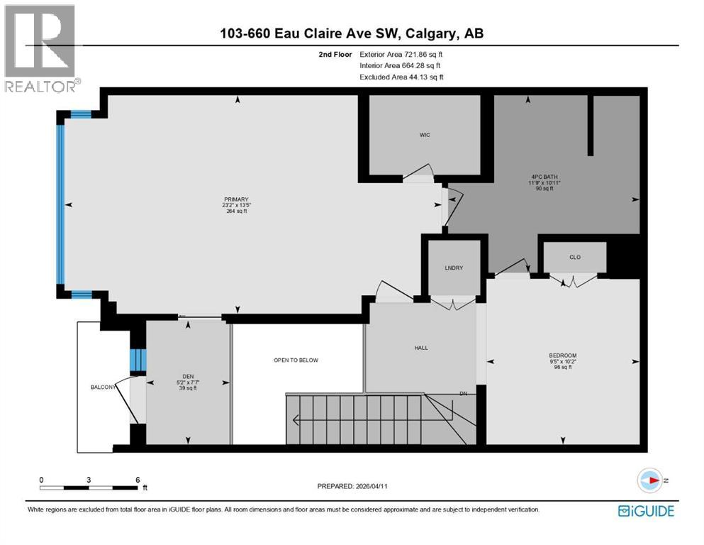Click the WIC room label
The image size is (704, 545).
pyautogui.click(x=425, y=135)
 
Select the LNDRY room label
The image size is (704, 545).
pyautogui.click(x=454, y=268)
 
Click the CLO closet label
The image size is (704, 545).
pyautogui.click(x=575, y=257)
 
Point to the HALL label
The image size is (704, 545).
pyautogui.click(x=421, y=348)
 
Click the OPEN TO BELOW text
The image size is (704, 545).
pyautogui.click(x=296, y=360)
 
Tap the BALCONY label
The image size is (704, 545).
pyautogui.click(x=104, y=387)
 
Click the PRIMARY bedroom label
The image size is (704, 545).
pyautogui.click(x=236, y=199)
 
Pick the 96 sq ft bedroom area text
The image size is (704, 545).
pyautogui.click(x=563, y=368)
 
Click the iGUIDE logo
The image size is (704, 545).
pyautogui.click(x=646, y=510)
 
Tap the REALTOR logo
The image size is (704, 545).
pyautogui.click(x=41, y=49)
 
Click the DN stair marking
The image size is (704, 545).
pyautogui.click(x=463, y=392)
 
